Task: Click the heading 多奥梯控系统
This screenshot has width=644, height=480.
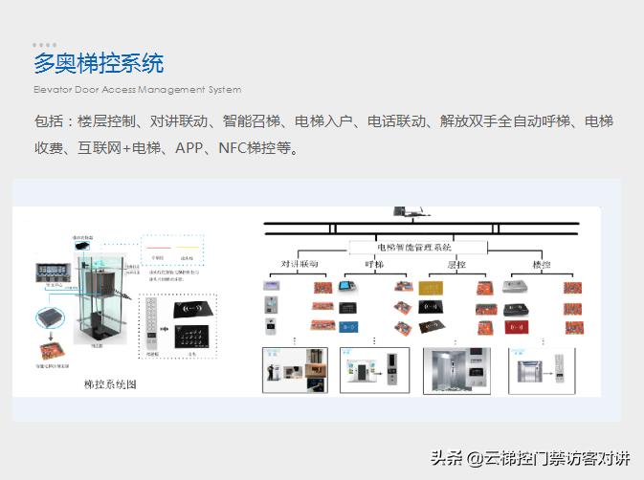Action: coord(99,64)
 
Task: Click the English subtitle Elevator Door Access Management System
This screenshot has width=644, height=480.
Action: coord(137,90)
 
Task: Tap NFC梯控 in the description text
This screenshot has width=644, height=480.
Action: coord(253,149)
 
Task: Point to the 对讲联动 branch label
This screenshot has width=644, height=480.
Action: coord(299,264)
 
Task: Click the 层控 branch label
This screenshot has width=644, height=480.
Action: coord(457,264)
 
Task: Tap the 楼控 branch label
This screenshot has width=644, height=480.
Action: coord(544,264)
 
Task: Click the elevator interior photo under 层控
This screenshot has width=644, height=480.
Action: coord(455,370)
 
